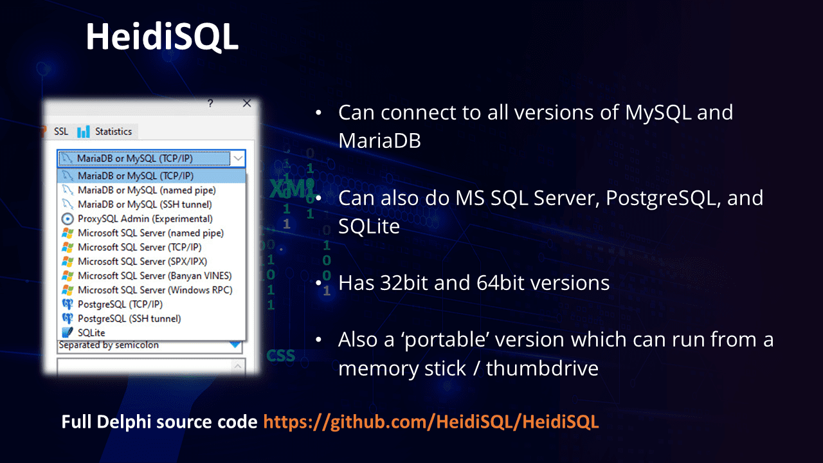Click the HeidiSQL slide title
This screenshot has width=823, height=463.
(x=162, y=36)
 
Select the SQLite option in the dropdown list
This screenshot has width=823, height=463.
(x=91, y=332)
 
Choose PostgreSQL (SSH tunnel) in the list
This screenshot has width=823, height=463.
(x=129, y=318)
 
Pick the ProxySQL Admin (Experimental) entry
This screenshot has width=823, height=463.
(x=145, y=219)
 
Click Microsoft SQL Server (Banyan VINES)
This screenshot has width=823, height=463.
(x=155, y=276)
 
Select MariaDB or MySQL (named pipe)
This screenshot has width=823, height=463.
(x=147, y=190)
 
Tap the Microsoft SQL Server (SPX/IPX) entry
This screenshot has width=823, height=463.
(x=143, y=261)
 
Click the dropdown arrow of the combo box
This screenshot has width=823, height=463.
(x=238, y=158)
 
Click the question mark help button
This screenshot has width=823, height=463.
(x=210, y=104)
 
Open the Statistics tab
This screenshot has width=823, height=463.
(x=113, y=131)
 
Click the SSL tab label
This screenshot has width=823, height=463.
(x=61, y=131)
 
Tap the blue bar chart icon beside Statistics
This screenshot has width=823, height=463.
(x=84, y=132)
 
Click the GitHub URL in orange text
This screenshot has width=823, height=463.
(x=431, y=421)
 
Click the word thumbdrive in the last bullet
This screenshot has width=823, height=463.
(x=542, y=368)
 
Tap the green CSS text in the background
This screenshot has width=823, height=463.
(x=281, y=356)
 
